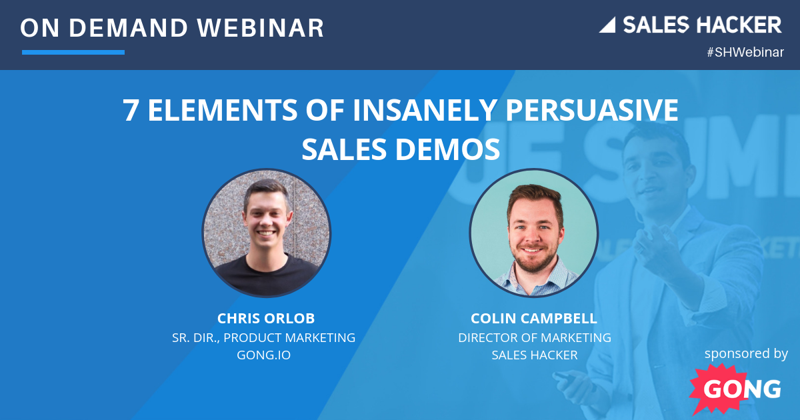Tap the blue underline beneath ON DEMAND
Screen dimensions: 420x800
[73, 52]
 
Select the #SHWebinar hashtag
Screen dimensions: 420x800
[745, 53]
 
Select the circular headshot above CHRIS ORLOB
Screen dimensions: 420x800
[267, 233]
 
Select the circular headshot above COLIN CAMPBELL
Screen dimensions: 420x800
[534, 233]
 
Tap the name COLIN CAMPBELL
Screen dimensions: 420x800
[535, 319]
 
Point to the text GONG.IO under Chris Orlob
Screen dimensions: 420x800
[264, 355]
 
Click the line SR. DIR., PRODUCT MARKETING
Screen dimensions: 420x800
[264, 337]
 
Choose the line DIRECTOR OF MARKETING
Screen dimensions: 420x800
[535, 337]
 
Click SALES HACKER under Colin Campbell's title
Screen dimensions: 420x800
[535, 355]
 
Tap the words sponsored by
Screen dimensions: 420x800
[746, 353]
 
